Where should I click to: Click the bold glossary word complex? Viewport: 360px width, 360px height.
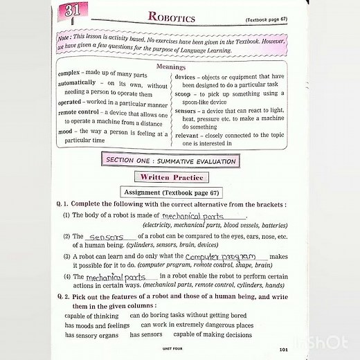71,73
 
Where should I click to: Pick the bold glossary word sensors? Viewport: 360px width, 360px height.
186,111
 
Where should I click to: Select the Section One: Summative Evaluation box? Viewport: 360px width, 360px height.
170,161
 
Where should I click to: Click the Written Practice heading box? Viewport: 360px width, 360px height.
170,178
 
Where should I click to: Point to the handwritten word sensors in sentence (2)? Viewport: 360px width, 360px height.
106,236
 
